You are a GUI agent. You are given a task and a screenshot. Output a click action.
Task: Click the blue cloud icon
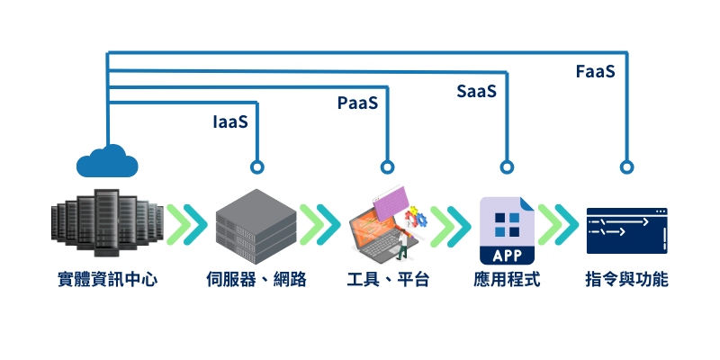[107, 161]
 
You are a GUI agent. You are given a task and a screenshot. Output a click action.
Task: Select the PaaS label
[357, 103]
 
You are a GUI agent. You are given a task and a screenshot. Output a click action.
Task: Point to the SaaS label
[476, 92]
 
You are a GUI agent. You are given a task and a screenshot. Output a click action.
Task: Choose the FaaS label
[595, 71]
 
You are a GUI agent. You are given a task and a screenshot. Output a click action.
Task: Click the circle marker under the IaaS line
[257, 167]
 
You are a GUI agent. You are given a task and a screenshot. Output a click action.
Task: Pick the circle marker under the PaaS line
[387, 167]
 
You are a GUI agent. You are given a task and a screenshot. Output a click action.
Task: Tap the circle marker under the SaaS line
[507, 167]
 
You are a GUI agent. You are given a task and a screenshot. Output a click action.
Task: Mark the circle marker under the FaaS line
[626, 167]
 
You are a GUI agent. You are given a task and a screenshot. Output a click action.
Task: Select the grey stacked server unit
[256, 220]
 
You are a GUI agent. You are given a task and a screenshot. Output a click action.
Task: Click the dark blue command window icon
[626, 230]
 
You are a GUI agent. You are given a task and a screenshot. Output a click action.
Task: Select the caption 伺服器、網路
[256, 280]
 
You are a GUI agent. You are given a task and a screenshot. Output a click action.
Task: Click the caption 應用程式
[507, 280]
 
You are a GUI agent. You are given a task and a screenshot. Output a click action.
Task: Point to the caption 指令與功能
[626, 280]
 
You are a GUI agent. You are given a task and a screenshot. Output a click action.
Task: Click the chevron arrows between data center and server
[187, 223]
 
